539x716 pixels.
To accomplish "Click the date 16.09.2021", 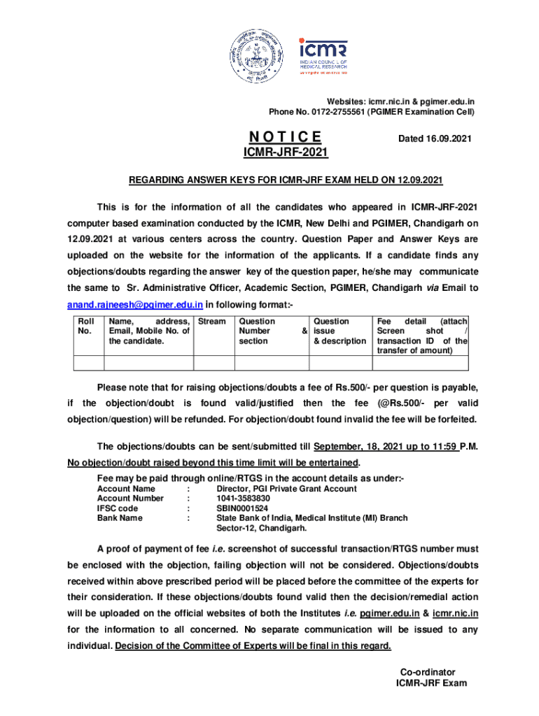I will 435,139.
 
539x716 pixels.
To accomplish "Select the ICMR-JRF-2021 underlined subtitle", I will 286,152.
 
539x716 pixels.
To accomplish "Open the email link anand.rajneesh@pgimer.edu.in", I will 135,305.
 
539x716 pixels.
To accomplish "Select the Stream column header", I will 212,322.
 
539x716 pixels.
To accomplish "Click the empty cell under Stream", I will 213,362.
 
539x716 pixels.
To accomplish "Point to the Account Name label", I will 126,489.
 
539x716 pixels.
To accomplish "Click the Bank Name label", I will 120,518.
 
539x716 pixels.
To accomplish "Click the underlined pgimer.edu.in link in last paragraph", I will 389,613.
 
